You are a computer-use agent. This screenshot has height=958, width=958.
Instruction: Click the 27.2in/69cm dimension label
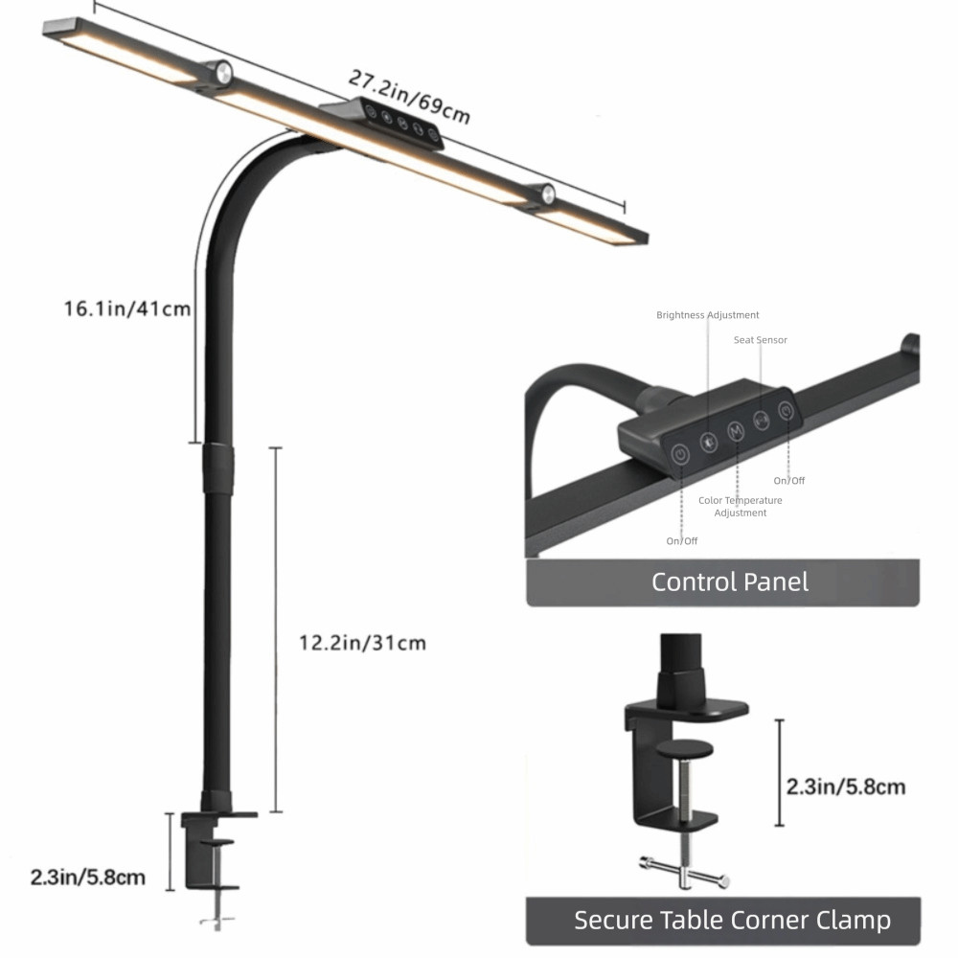pos(409,96)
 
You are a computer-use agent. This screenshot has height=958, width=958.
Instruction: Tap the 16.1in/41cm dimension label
pos(127,308)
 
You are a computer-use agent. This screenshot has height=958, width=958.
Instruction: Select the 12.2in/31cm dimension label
pos(362,643)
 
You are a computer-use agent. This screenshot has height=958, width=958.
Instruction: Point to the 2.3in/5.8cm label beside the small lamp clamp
pos(88,878)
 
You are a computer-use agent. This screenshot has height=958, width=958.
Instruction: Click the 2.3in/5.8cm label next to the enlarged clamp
pos(846,787)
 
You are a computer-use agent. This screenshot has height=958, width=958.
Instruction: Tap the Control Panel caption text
pos(729,582)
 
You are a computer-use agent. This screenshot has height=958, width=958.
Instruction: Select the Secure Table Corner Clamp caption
pos(732,920)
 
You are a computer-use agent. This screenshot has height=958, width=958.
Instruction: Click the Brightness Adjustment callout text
pos(708,315)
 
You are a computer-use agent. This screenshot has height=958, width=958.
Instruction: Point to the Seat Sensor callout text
pos(760,340)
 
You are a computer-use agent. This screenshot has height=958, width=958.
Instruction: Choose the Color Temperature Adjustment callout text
pos(740,507)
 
